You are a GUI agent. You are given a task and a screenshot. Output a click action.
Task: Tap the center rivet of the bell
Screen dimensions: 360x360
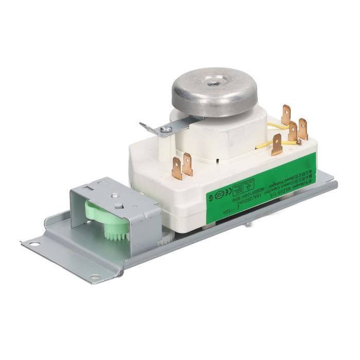(x=211, y=82)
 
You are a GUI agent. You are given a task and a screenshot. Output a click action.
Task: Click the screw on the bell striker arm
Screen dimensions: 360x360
(x=165, y=130)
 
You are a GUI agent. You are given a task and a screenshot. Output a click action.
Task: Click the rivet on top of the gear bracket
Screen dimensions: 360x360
(x=115, y=195)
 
